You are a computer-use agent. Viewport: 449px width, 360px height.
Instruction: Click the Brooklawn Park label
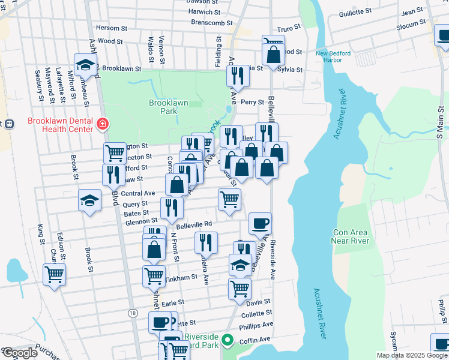point(169,107)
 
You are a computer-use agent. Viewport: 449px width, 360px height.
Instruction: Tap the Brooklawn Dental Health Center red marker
point(103,124)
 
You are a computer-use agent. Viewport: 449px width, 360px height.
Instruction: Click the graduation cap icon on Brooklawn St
point(85,64)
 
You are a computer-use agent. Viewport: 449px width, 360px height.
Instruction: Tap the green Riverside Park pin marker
point(227,340)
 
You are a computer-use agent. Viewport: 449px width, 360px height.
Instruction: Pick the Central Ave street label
point(138,193)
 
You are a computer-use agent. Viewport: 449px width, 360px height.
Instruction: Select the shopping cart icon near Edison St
point(54,274)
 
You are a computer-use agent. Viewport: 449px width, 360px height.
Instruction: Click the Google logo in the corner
point(20,353)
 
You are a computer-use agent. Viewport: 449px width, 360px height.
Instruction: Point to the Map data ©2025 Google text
point(411,355)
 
